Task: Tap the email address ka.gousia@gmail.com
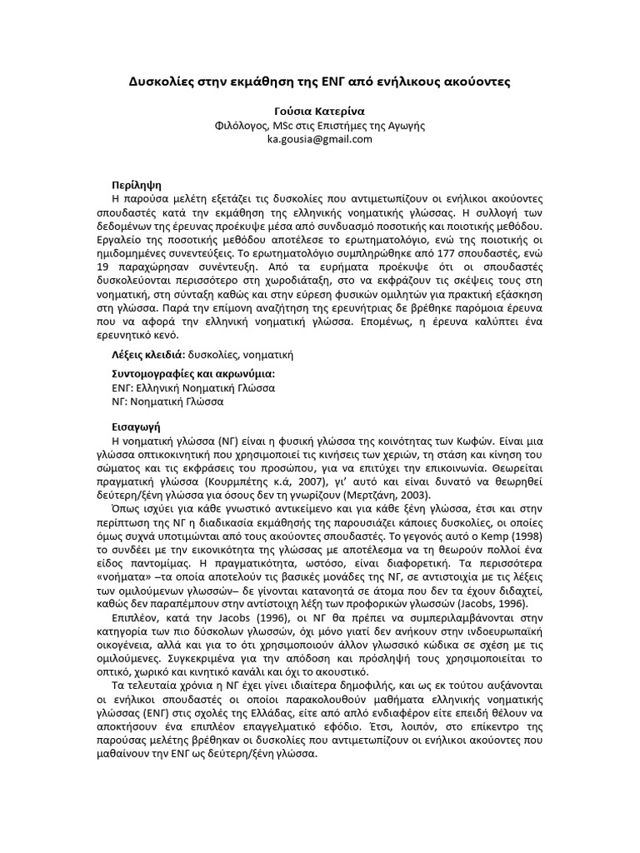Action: click(x=319, y=139)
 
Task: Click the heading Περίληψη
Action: click(x=136, y=184)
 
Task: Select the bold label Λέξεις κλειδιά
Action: click(x=147, y=355)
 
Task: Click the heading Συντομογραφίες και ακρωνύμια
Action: click(x=192, y=374)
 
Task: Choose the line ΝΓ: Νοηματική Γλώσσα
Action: click(x=167, y=402)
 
